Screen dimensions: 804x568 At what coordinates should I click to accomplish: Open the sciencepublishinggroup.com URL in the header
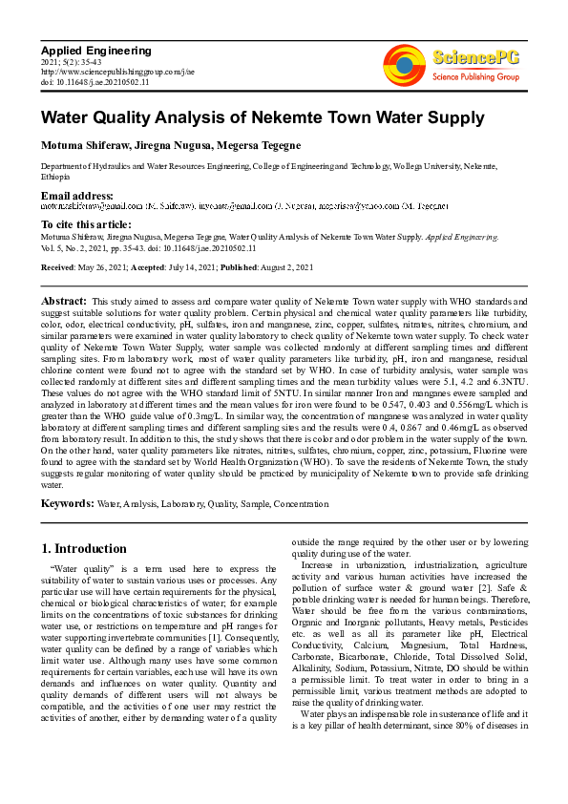pyautogui.click(x=117, y=72)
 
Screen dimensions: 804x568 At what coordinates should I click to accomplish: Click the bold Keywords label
pyautogui.click(x=67, y=503)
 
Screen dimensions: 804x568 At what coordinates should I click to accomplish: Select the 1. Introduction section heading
pyautogui.click(x=84, y=549)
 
